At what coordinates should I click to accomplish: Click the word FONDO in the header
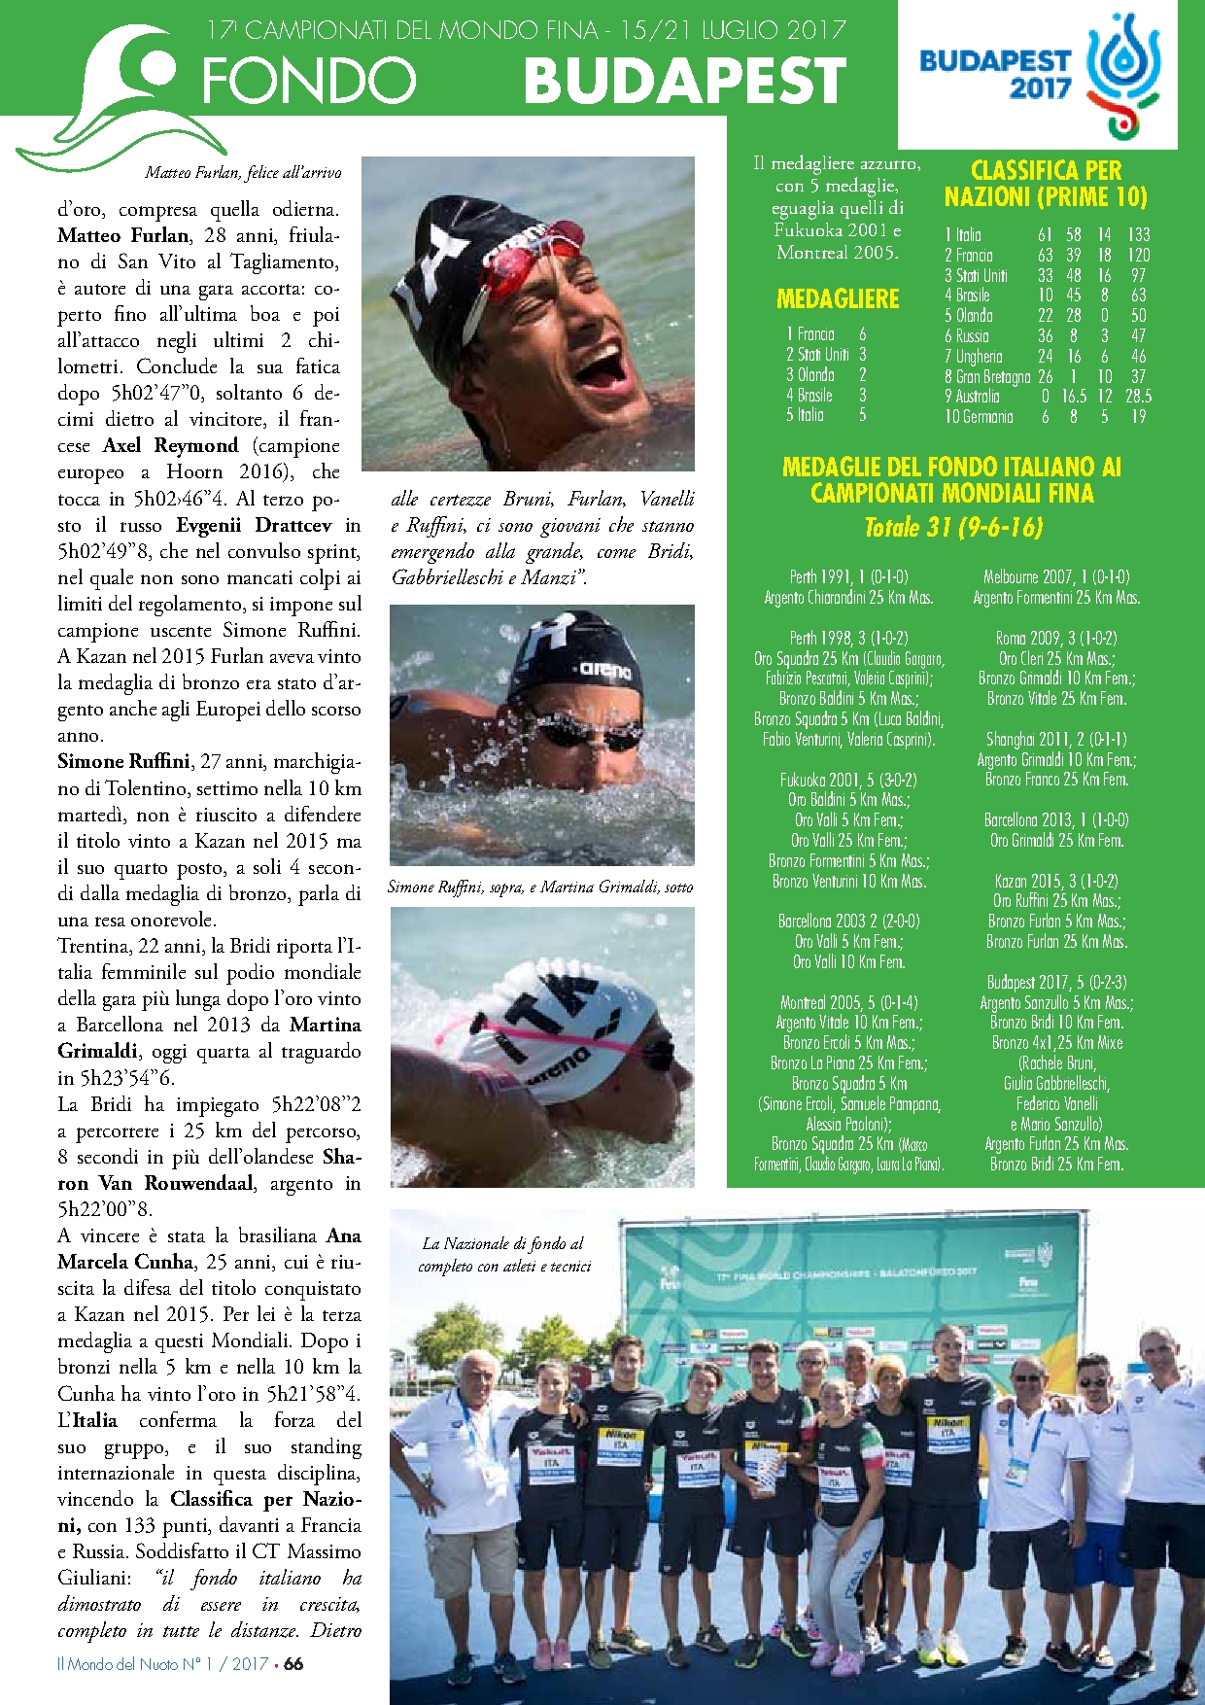pos(309,81)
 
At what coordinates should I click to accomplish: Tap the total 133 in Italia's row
pos(1138,234)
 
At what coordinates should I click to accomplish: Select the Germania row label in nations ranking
pos(979,416)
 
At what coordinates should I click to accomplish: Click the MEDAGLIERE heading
pos(838,298)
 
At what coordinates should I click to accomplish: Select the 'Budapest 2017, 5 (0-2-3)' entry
pos(1056,982)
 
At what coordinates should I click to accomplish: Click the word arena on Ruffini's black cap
pos(605,670)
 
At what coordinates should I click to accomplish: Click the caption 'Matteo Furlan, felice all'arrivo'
pos(243,172)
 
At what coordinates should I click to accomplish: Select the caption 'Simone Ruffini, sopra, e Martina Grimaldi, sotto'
pos(540,887)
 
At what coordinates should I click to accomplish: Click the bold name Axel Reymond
pos(170,445)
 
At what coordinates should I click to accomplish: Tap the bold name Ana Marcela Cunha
pos(209,1249)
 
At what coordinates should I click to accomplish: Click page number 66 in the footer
pos(293,1663)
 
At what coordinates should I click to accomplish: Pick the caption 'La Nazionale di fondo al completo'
pos(503,1254)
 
